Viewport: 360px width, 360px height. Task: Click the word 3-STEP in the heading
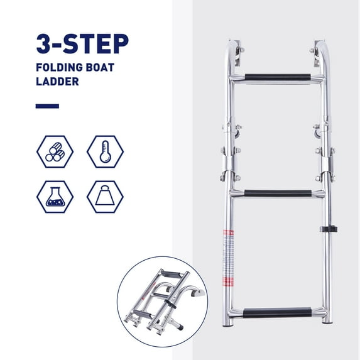click(82, 44)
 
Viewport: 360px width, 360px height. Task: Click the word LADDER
click(57, 82)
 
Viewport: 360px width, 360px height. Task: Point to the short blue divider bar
click(47, 106)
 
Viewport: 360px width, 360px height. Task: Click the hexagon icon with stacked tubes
click(55, 151)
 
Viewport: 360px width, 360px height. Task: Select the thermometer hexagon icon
click(105, 151)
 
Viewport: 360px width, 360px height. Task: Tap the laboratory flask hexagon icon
click(55, 197)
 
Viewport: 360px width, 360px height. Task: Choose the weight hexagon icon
click(105, 197)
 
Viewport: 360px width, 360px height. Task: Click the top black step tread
click(278, 77)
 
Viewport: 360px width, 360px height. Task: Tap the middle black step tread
click(278, 193)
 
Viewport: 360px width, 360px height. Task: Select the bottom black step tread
click(277, 313)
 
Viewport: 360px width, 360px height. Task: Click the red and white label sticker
click(228, 258)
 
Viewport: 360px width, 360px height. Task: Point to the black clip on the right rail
click(329, 229)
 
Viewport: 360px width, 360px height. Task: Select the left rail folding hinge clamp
click(230, 164)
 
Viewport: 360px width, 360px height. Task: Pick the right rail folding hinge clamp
click(326, 164)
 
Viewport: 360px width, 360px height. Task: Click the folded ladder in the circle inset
click(163, 301)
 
